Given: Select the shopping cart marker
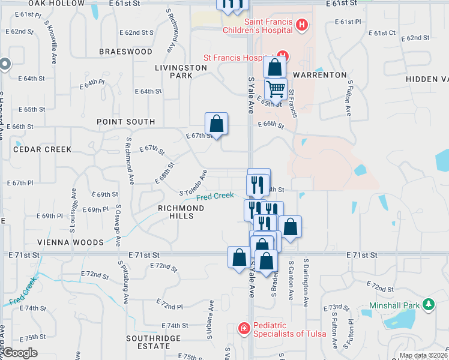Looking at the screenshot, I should pyautogui.click(x=276, y=89).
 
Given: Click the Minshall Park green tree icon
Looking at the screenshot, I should pyautogui.click(x=428, y=305).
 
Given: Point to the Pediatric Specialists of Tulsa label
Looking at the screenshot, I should pyautogui.click(x=289, y=329).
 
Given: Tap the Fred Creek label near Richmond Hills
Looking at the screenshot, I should pyautogui.click(x=215, y=196).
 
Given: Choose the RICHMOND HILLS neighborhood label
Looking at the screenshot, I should pyautogui.click(x=181, y=212).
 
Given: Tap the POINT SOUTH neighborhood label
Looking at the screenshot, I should pyautogui.click(x=126, y=122).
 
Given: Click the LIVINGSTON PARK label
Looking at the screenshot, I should pyautogui.click(x=181, y=71).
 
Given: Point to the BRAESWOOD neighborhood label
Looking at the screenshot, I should pyautogui.click(x=126, y=52).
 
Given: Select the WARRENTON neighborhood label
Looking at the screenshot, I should pyautogui.click(x=324, y=75).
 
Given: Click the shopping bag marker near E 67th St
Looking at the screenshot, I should pyautogui.click(x=216, y=124).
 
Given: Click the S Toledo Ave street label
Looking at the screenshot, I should pyautogui.click(x=193, y=184).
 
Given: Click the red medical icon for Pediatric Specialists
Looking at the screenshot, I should pyautogui.click(x=244, y=328).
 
